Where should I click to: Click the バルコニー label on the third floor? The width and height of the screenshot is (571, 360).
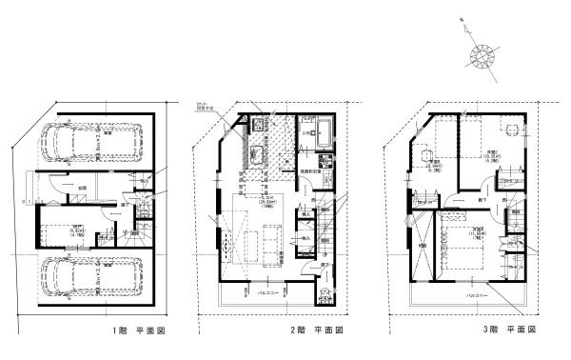tap(476, 296)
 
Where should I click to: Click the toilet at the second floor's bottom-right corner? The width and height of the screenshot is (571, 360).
tap(327, 291)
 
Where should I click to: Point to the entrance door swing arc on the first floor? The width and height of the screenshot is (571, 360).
tap(57, 190)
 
